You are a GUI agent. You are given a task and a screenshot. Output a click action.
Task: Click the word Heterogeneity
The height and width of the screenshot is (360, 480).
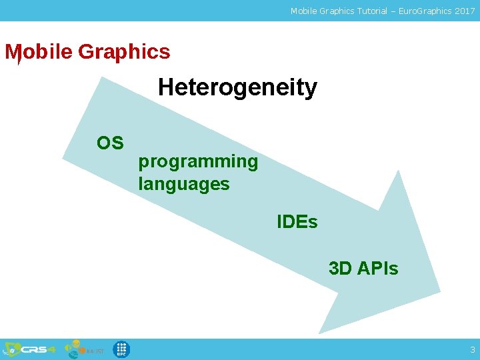(237, 87)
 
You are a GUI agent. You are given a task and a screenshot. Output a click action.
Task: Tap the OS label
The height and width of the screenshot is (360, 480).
(110, 143)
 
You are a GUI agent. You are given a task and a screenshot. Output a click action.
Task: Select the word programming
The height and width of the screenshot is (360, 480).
(198, 162)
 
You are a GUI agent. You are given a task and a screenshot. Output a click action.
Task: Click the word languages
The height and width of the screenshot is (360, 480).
(183, 184)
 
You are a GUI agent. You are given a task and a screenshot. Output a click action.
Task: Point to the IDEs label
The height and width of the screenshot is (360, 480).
(297, 222)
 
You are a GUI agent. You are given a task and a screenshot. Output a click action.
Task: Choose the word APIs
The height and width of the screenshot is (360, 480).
(377, 269)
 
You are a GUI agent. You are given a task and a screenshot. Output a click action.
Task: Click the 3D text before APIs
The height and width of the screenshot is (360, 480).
(341, 269)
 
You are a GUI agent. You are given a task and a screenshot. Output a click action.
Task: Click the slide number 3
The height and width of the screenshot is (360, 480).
(473, 350)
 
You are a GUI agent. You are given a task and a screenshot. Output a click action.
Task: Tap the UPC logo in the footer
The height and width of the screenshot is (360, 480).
(121, 349)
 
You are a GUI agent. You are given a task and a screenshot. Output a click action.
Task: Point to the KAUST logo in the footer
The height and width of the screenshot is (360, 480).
(84, 349)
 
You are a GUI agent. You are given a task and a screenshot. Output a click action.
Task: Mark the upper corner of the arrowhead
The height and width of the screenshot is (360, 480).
(398, 171)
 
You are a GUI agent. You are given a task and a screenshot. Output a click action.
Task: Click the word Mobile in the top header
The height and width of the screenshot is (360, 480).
(303, 11)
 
